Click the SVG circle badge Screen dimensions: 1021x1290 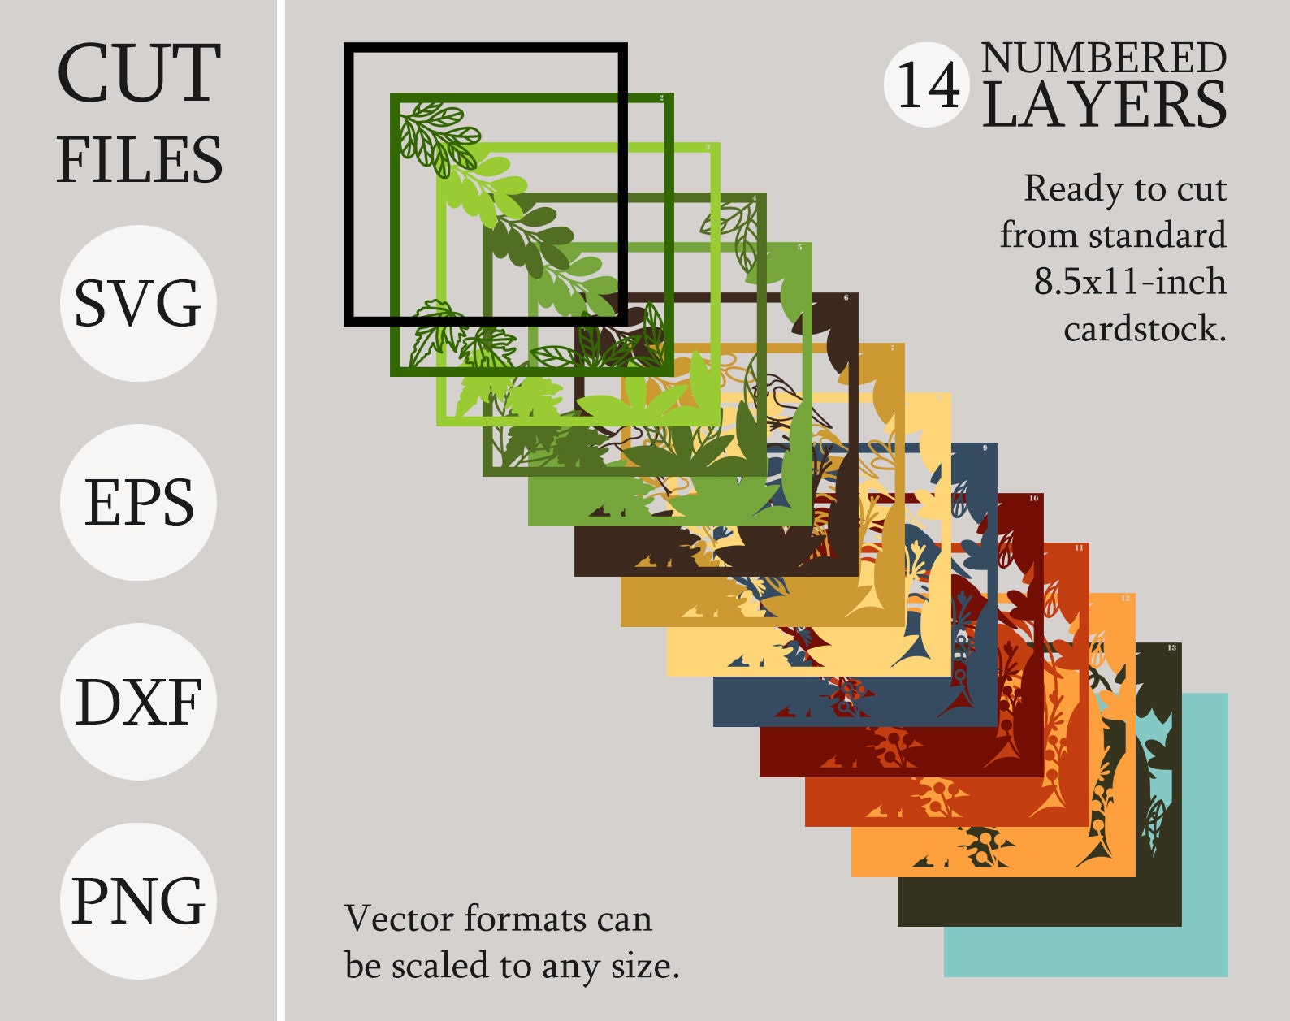coord(138,303)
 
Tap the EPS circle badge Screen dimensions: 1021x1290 coord(138,502)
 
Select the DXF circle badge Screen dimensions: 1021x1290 coord(138,702)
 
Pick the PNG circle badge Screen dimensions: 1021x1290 coord(138,901)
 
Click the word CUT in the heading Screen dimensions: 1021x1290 coord(139,73)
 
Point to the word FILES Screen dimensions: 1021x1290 coord(139,159)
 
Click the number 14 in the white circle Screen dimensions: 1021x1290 coord(928,85)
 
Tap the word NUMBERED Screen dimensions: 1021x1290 coord(1103,58)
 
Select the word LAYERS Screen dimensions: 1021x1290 coord(1103,106)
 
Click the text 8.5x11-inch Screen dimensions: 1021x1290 coord(1129,282)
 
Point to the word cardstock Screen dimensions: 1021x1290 coord(1144,329)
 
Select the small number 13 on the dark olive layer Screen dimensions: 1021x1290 coord(1171,647)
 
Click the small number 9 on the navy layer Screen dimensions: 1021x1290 coord(985,448)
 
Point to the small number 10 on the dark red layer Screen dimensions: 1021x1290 coord(1033,498)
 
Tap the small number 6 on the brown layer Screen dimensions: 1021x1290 coord(846,298)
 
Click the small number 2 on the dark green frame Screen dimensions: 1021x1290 coord(661,98)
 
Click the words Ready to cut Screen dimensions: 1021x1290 coord(1125,188)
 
